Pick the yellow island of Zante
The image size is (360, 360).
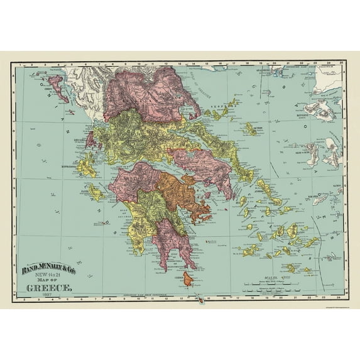[95, 192]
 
